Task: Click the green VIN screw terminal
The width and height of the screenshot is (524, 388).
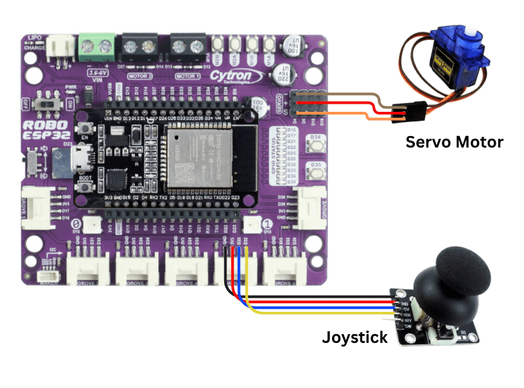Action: (96, 47)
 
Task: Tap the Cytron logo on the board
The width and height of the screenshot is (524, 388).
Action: (232, 77)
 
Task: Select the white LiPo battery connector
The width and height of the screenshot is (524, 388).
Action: (63, 46)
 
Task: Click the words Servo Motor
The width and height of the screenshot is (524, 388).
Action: (453, 142)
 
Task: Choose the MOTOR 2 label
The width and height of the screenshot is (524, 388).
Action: (139, 77)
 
